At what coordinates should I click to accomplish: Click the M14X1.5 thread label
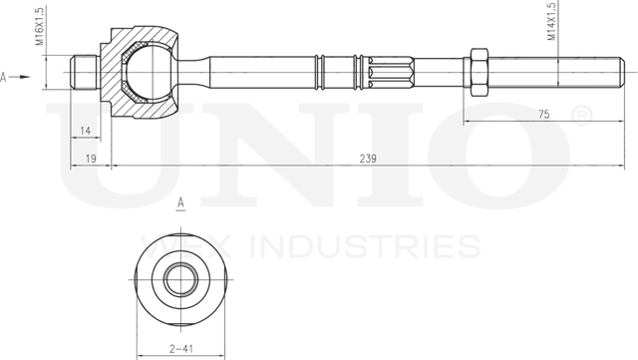pyautogui.click(x=551, y=22)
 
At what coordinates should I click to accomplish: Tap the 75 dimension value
pyautogui.click(x=542, y=115)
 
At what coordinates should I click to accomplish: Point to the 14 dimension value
pyautogui.click(x=86, y=131)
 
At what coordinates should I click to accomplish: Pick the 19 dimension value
pyautogui.click(x=90, y=159)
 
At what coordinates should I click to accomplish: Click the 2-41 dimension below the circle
pyautogui.click(x=180, y=349)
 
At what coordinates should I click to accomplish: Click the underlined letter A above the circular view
pyautogui.click(x=180, y=203)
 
